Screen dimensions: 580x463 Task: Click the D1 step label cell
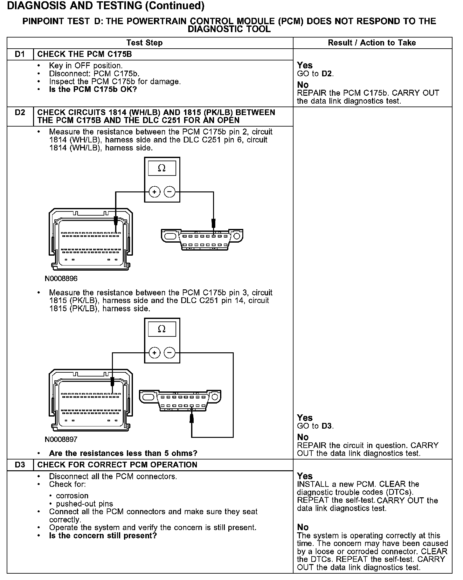coord(20,54)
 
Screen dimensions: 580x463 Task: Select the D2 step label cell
coord(20,113)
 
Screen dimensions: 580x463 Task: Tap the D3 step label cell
coord(20,465)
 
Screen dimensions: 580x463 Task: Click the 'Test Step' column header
coord(144,43)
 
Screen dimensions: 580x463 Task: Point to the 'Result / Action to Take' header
coord(372,43)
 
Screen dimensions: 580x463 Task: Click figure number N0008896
coord(61,279)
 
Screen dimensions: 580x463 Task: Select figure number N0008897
coord(61,439)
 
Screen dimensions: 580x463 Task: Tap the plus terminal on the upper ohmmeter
coord(155,192)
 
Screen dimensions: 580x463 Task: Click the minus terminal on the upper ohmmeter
coord(169,192)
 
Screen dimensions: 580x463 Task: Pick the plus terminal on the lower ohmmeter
coord(155,353)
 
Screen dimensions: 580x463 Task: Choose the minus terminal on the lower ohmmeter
coord(169,353)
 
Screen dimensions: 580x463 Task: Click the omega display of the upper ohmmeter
coord(162,168)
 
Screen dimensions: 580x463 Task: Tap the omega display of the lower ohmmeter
coord(162,329)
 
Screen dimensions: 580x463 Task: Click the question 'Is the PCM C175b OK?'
coord(93,89)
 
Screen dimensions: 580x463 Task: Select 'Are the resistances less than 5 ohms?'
coord(123,453)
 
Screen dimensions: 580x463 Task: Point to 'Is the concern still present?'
coord(103,536)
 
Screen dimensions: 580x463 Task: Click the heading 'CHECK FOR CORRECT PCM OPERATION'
coord(117,465)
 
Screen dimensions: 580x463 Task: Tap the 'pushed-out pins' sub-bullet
coord(84,504)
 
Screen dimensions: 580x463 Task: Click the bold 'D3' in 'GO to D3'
coord(327,426)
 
